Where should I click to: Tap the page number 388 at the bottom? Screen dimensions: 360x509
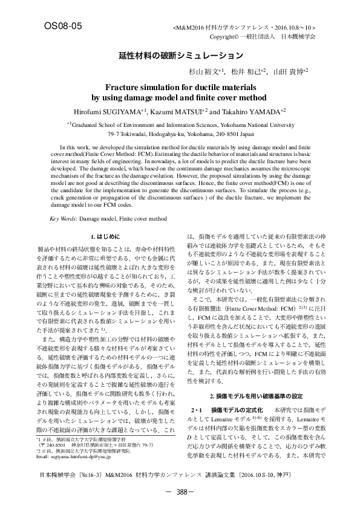(x=180, y=493)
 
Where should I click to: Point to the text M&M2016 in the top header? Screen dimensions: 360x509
(x=191, y=28)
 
